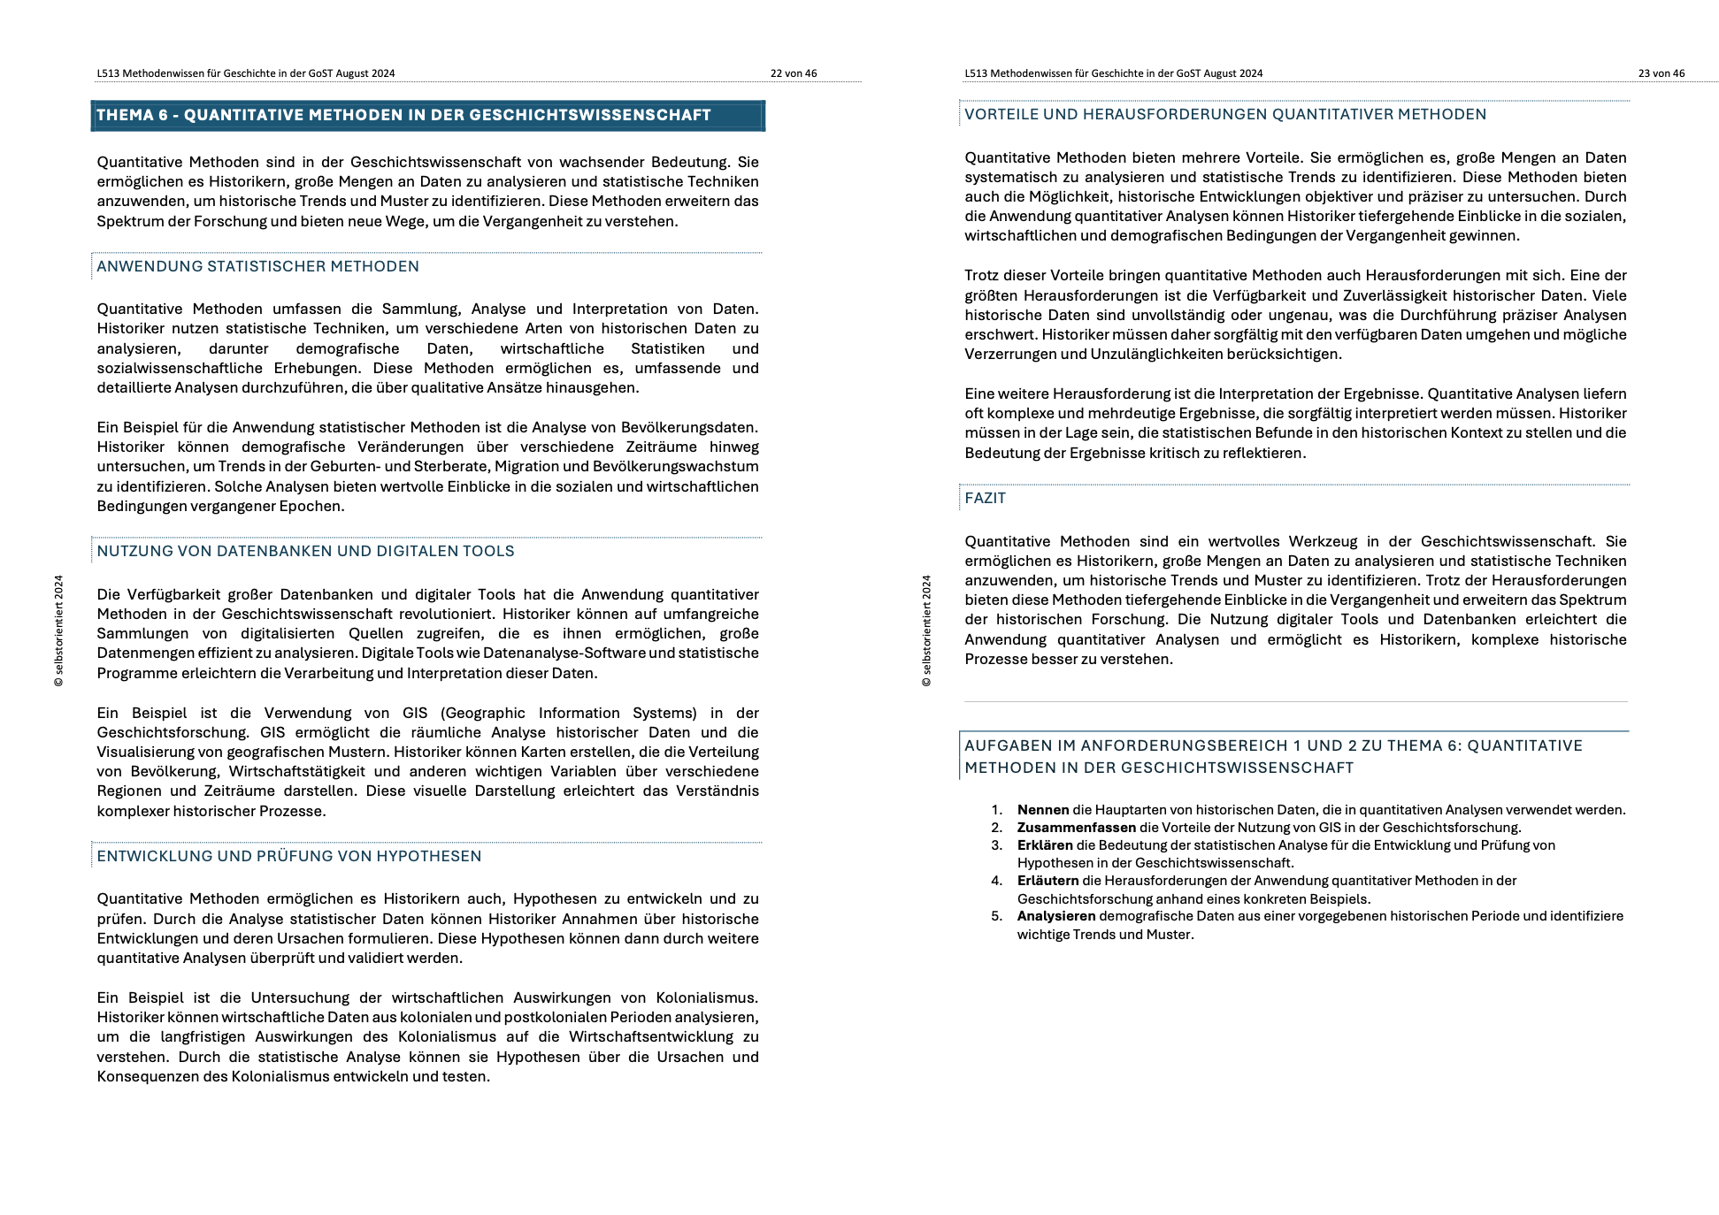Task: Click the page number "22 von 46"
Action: click(793, 73)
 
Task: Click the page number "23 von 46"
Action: click(1661, 73)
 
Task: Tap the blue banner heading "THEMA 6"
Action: click(403, 115)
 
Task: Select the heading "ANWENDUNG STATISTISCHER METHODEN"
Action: click(257, 266)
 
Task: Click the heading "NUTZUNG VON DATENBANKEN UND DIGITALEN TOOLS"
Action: click(305, 551)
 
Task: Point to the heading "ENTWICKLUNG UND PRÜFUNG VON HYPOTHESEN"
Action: click(288, 856)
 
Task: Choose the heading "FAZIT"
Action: click(985, 498)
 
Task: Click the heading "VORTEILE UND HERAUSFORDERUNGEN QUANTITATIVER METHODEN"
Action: click(1224, 114)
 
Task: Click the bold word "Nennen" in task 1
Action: click(1042, 810)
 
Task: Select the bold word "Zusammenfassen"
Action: click(1076, 828)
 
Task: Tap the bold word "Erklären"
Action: click(1044, 845)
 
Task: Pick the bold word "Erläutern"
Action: click(1048, 881)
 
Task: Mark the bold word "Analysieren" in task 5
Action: click(1055, 916)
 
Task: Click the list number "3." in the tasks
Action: click(996, 845)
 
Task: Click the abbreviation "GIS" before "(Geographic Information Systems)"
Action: click(415, 713)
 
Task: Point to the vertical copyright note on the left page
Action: click(58, 630)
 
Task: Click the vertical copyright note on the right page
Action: click(926, 630)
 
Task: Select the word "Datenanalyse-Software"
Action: click(564, 653)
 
